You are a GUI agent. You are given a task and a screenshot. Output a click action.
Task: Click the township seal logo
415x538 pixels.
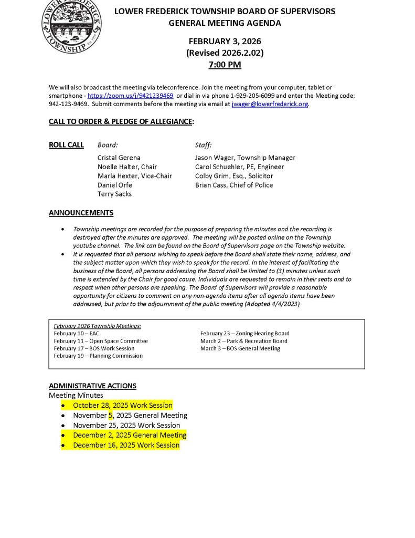71,25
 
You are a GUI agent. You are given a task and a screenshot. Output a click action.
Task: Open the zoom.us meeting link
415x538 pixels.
130,96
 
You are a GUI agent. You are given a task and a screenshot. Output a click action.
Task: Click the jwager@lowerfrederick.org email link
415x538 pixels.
270,104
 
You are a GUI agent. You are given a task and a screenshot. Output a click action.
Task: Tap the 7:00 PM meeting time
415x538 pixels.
225,65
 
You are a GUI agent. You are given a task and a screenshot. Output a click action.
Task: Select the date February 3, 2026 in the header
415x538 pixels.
225,42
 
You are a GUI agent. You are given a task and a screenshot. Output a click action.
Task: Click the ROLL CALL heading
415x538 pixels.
66,145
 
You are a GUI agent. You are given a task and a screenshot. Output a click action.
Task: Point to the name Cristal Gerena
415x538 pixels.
119,158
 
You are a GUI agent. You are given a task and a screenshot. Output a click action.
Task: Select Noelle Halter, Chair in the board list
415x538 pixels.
127,167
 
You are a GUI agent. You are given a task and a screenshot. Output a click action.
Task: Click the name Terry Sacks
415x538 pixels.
114,194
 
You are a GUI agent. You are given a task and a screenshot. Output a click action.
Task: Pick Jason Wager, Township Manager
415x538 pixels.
245,158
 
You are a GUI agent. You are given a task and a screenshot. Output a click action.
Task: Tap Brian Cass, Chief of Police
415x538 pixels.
234,185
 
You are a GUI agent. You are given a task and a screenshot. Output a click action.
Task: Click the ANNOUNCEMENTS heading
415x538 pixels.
81,213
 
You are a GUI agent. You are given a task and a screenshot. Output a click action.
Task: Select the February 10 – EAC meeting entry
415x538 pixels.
76,334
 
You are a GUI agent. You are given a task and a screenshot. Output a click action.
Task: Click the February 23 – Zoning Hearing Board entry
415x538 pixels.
244,334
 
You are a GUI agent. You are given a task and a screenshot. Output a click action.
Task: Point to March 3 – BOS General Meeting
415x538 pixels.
240,348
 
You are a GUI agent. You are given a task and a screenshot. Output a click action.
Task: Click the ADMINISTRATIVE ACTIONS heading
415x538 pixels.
92,386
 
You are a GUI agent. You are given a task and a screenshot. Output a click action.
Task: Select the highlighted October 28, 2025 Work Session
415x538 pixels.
123,405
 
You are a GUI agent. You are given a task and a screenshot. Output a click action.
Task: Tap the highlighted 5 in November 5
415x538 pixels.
111,415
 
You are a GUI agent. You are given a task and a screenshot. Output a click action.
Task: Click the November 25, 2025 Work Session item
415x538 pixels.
126,425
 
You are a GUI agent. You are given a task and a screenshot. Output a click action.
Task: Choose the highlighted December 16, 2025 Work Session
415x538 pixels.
126,445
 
